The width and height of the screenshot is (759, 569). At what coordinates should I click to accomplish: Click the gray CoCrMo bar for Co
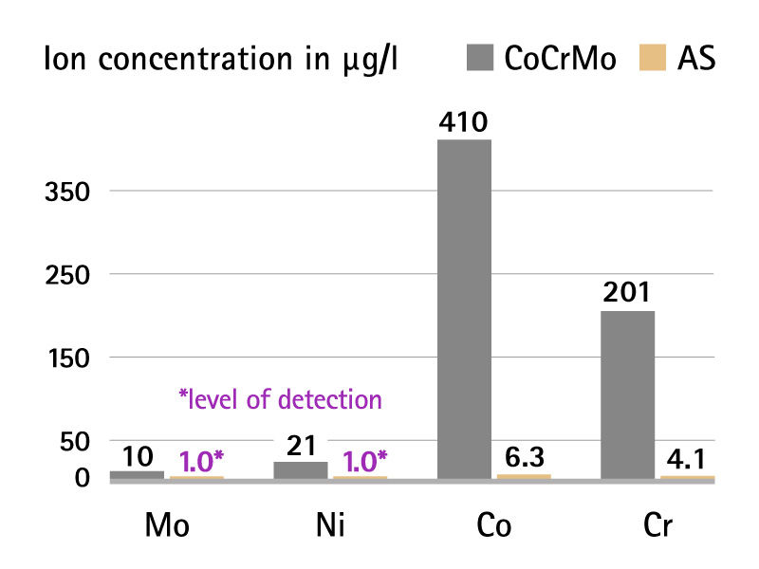pyautogui.click(x=464, y=309)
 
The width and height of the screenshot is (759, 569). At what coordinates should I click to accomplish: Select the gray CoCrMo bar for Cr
pyautogui.click(x=627, y=395)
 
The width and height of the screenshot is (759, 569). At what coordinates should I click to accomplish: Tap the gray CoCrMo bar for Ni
pyautogui.click(x=300, y=470)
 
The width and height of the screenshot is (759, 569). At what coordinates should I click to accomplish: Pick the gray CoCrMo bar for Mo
pyautogui.click(x=137, y=474)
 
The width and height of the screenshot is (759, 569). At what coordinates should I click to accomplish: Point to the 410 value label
pyautogui.click(x=464, y=123)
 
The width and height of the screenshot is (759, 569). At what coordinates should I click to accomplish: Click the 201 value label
pyautogui.click(x=627, y=294)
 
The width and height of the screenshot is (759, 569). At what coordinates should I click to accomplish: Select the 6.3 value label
pyautogui.click(x=524, y=458)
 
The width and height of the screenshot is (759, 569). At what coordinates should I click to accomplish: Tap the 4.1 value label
pyautogui.click(x=686, y=460)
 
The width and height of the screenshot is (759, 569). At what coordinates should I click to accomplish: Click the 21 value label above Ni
pyautogui.click(x=300, y=446)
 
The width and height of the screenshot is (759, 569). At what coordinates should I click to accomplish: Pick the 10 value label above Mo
pyautogui.click(x=137, y=456)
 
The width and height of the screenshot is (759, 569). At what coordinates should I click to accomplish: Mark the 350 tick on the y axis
pyautogui.click(x=66, y=192)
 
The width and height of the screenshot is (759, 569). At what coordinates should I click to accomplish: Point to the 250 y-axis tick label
pyautogui.click(x=66, y=275)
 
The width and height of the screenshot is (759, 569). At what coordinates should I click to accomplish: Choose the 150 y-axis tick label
pyautogui.click(x=66, y=358)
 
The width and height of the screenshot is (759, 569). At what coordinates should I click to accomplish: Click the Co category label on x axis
pyautogui.click(x=490, y=527)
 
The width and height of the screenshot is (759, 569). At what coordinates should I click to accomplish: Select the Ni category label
pyautogui.click(x=326, y=527)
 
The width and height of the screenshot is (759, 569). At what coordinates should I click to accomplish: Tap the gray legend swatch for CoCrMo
pyautogui.click(x=480, y=59)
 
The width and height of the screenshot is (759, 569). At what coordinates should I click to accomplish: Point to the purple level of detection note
pyautogui.click(x=280, y=399)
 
